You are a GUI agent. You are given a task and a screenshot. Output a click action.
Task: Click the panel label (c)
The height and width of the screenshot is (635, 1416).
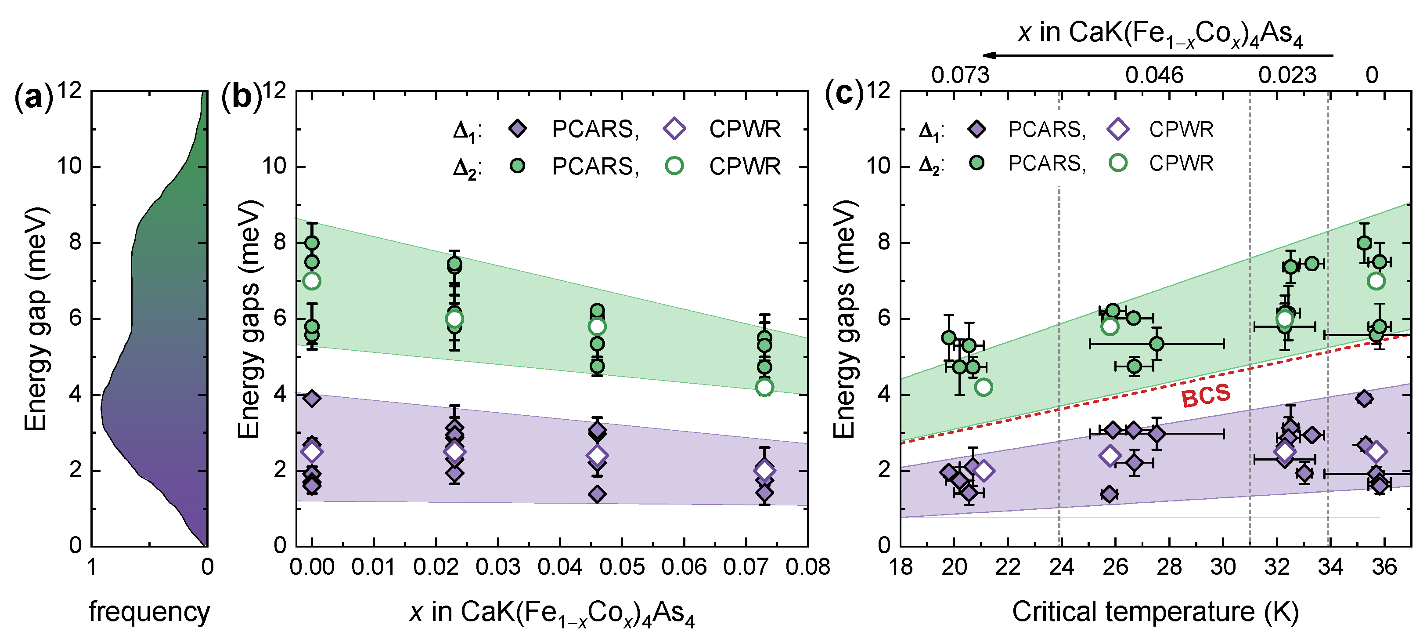point(844,94)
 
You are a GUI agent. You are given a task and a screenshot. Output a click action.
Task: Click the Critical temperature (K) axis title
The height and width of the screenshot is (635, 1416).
point(1156,611)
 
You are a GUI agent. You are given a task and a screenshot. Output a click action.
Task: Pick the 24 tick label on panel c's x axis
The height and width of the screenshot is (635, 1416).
point(1061,567)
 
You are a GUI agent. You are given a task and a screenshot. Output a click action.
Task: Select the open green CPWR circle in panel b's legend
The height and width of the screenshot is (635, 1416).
point(674,166)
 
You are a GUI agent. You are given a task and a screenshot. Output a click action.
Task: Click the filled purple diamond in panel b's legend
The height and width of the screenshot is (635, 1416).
point(517,129)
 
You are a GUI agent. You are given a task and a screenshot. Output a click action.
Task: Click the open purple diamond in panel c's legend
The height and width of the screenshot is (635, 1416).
point(1117,129)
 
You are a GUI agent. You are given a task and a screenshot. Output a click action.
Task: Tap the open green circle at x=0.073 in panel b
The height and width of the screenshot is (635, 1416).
point(764,388)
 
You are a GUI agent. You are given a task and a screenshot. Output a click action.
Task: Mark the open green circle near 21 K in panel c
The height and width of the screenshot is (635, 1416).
point(984,388)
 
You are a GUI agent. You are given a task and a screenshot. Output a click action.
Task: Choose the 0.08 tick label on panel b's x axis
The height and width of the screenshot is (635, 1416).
point(807,567)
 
